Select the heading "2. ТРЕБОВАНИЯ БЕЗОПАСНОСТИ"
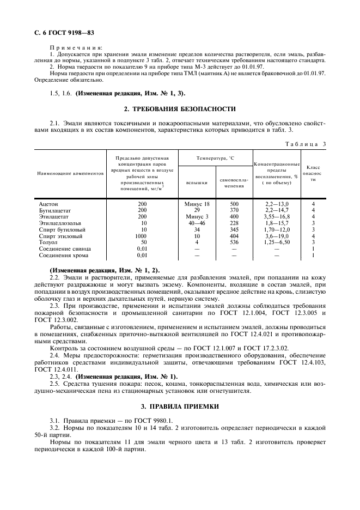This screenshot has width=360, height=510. point(180,109)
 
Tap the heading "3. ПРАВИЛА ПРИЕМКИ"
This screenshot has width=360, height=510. point(180,406)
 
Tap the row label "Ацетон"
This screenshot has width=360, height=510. point(48,203)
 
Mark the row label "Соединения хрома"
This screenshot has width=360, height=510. point(65,255)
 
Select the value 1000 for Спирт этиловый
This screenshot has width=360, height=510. point(142,236)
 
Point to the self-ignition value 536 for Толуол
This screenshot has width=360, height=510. point(234,242)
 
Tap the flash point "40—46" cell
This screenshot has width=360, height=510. point(197,223)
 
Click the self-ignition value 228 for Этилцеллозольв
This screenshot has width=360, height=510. point(234,223)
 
